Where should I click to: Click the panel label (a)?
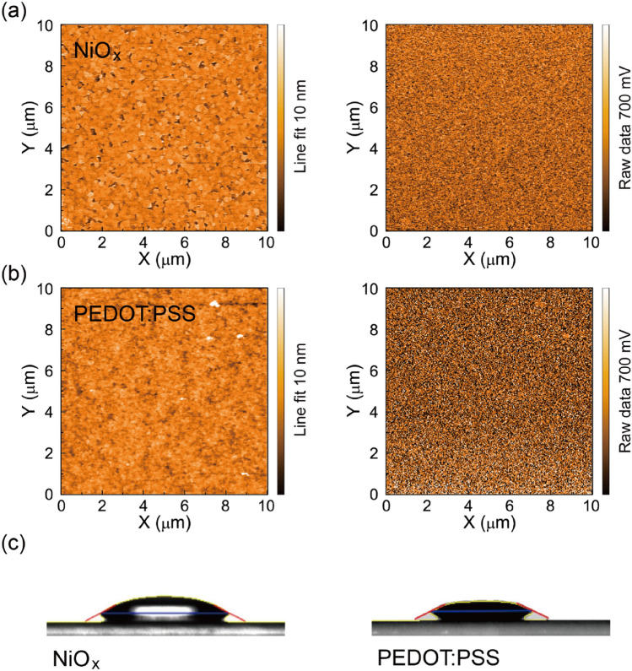pos(15,10)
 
